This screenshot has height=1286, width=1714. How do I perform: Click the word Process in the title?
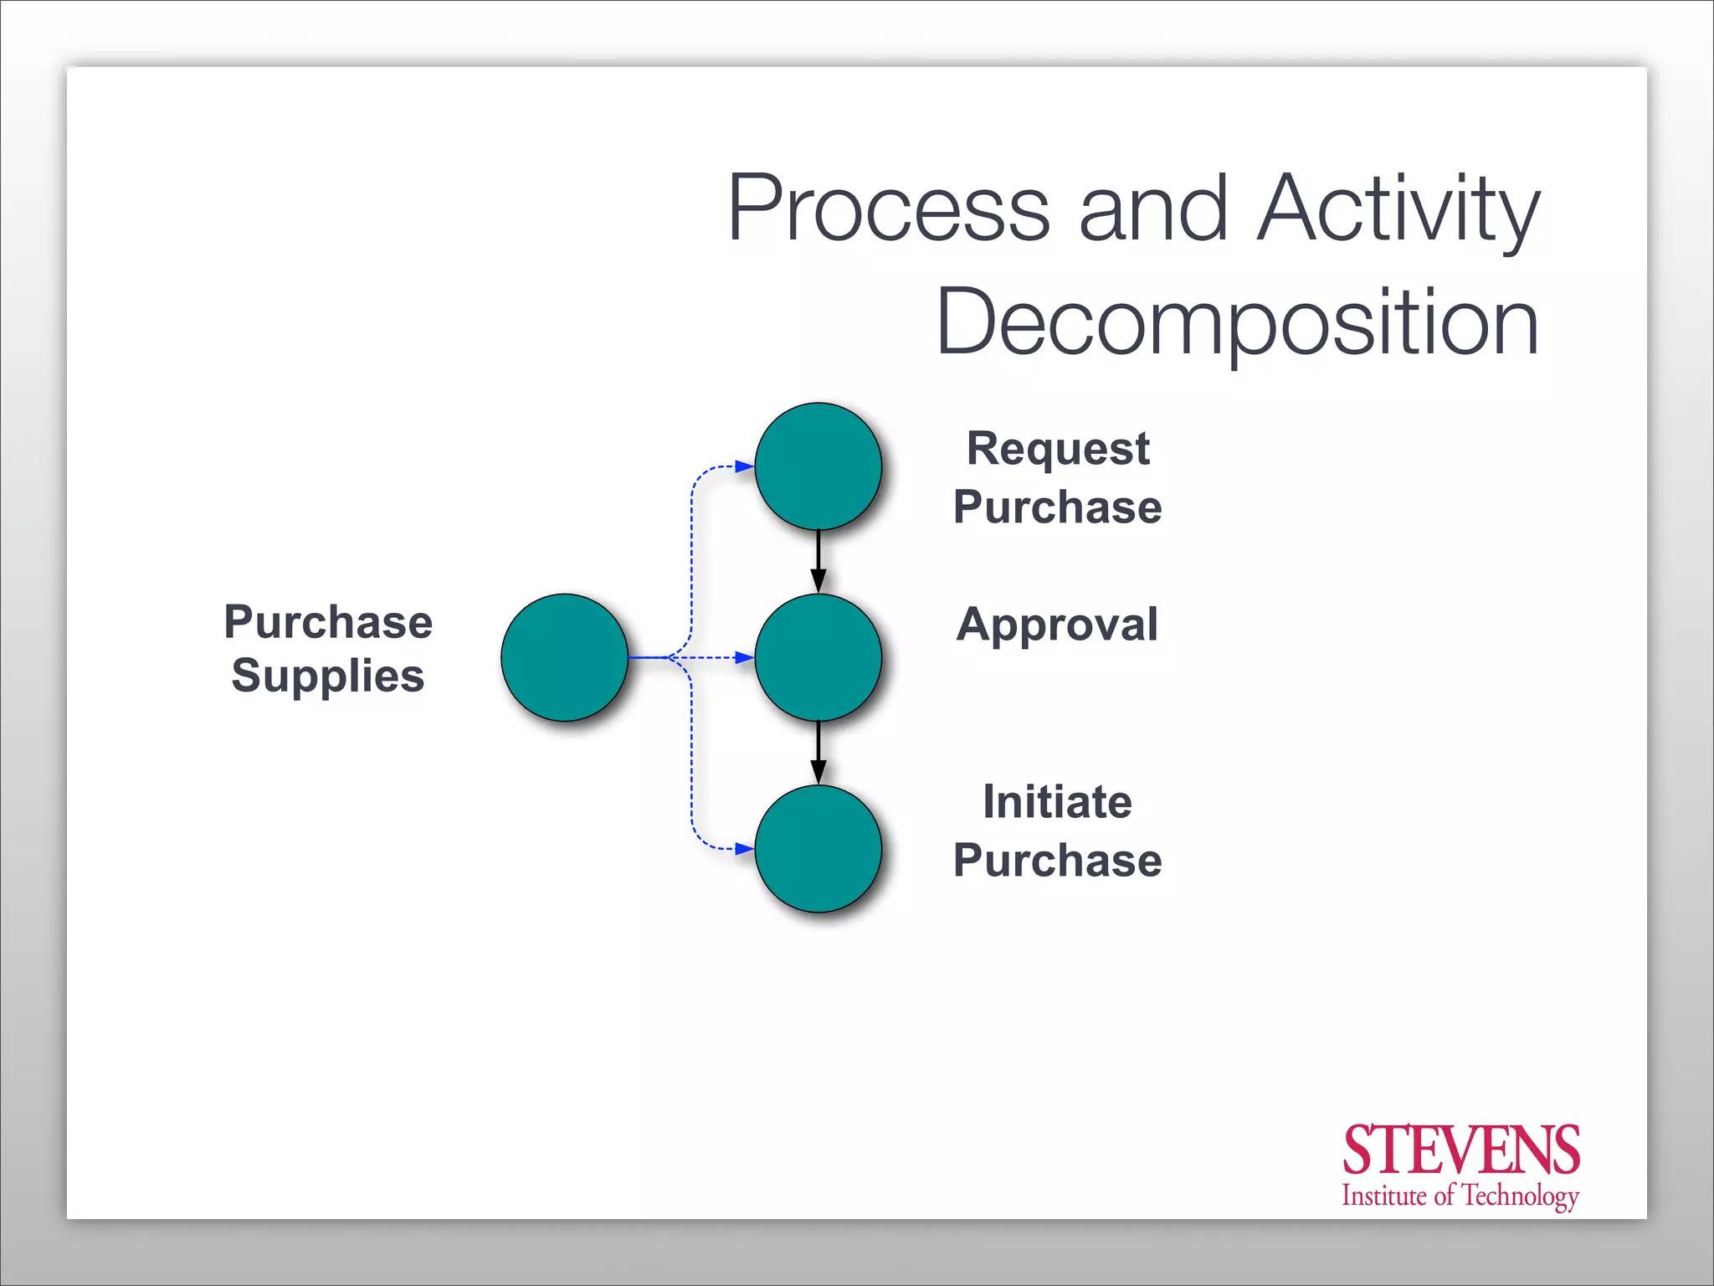click(888, 209)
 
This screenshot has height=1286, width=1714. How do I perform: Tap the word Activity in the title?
click(1398, 209)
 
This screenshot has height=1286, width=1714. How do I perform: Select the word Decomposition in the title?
click(1238, 323)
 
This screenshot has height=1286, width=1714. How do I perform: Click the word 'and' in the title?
click(1153, 209)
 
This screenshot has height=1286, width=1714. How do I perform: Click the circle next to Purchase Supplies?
click(565, 657)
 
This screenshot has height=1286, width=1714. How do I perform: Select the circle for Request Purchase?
click(819, 466)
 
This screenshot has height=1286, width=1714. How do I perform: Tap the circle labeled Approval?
click(819, 657)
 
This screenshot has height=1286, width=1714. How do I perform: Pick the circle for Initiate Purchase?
click(819, 848)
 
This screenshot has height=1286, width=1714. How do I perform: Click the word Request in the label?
click(1058, 450)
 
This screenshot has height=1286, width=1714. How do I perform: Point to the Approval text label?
click(1058, 625)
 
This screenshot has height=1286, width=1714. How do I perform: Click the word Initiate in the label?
click(1058, 802)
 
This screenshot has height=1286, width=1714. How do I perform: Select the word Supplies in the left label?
click(328, 676)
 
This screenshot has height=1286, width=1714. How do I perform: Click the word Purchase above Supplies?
click(328, 622)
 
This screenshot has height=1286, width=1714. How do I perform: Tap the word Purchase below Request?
click(1058, 507)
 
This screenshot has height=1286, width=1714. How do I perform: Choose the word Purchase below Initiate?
click(1058, 861)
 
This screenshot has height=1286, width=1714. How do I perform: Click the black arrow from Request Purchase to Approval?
click(819, 561)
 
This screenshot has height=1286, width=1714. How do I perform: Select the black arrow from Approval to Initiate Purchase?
click(819, 752)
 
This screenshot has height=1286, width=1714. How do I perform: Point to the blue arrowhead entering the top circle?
click(744, 466)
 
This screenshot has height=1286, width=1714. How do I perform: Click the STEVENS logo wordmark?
click(1460, 1150)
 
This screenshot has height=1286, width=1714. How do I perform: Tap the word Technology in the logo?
click(1519, 1196)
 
